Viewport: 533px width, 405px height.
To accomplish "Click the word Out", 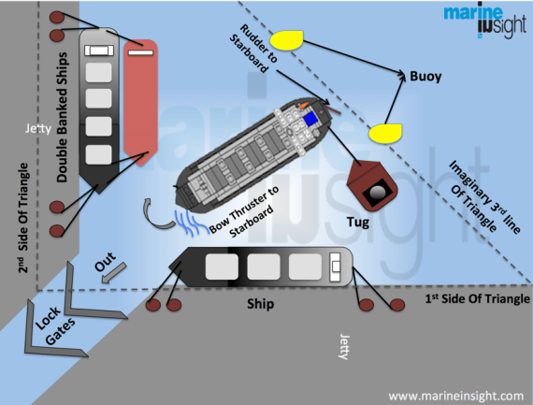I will click(x=106, y=264).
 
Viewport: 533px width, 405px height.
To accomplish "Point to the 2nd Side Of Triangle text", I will click(x=22, y=221).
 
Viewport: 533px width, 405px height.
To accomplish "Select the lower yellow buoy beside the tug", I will click(x=382, y=133).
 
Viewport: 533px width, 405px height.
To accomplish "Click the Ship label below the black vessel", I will click(x=259, y=304).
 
